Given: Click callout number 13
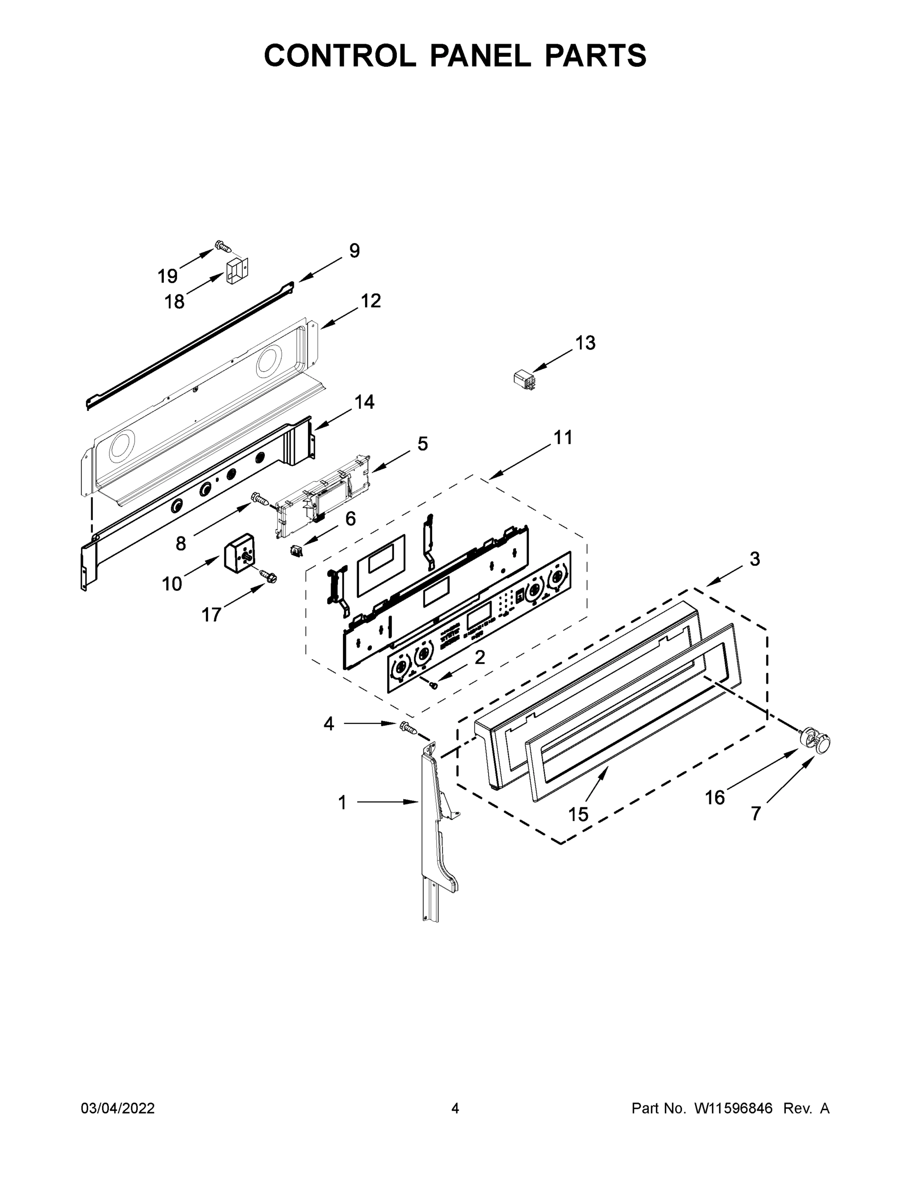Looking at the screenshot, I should tap(585, 343).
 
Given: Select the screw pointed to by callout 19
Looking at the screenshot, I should tap(223, 246).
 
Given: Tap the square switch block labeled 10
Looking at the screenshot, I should tap(239, 551).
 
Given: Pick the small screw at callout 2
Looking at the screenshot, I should tap(433, 685).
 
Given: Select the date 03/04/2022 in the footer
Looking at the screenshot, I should tap(118, 1108).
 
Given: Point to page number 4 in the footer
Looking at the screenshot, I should tap(455, 1108).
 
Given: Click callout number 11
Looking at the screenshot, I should tap(563, 437).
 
